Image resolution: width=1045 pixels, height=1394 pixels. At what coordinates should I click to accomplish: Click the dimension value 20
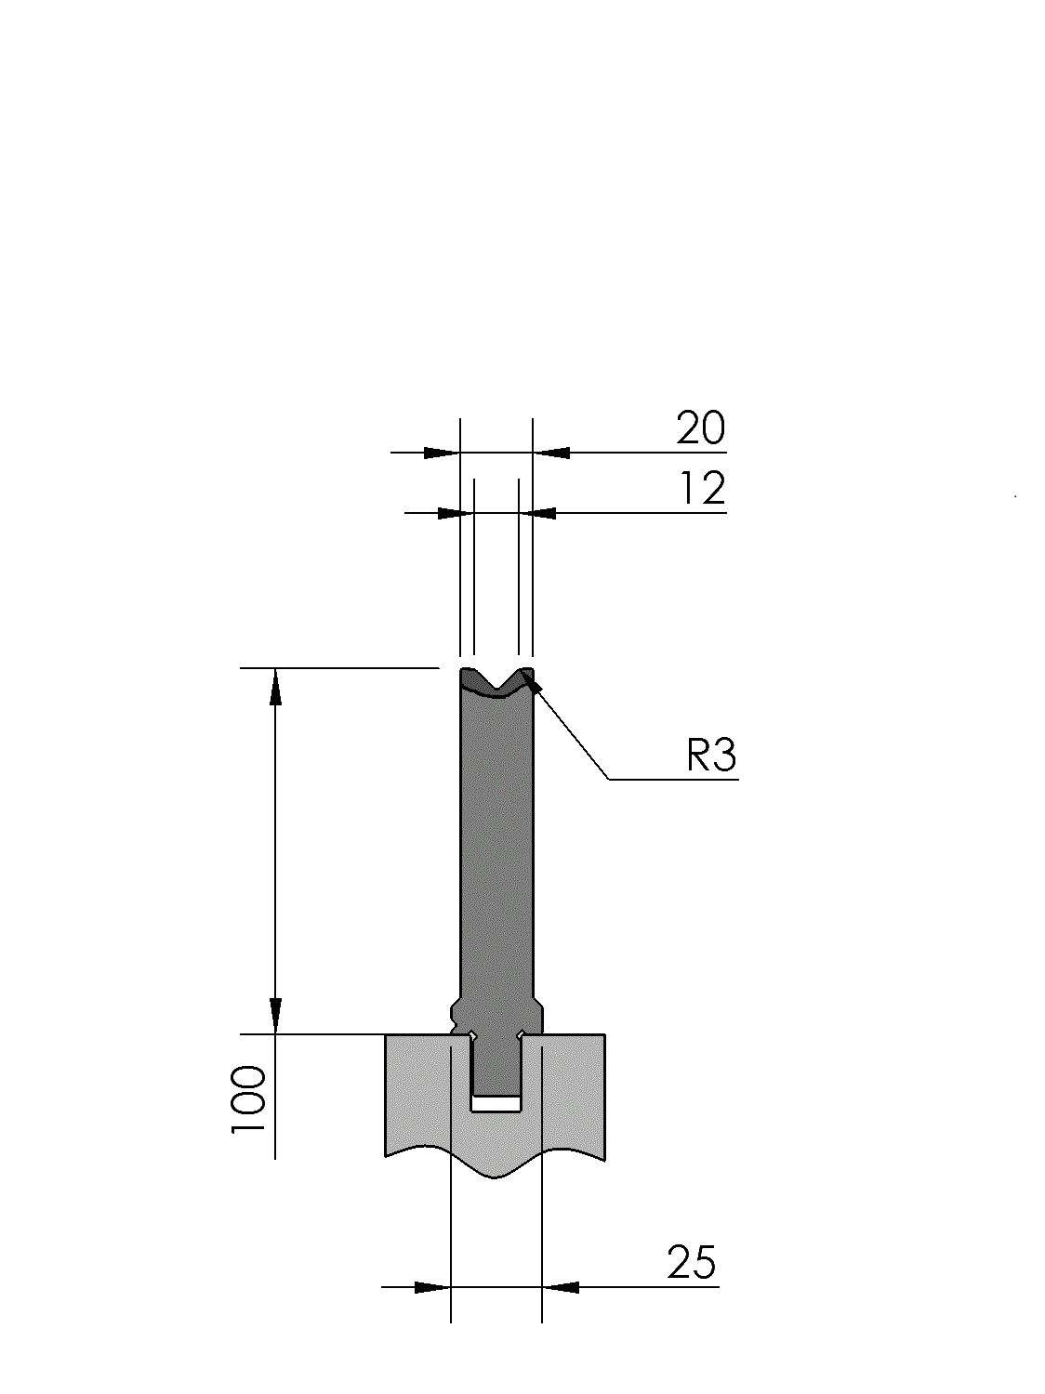point(700,428)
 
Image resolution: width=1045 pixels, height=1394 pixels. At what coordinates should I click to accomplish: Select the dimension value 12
point(703,488)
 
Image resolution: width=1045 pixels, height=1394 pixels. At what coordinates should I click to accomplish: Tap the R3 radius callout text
point(711,756)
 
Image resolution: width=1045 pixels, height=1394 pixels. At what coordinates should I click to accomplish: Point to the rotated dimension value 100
point(248,1098)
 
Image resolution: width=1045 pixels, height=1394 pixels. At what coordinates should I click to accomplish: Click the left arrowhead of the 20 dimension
point(442,453)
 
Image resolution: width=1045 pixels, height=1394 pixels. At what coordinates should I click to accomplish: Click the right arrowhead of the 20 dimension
point(550,453)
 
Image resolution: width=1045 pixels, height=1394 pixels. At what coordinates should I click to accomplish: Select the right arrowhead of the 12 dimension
point(537,513)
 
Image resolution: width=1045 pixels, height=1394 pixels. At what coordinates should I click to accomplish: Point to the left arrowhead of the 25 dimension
point(432,1287)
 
